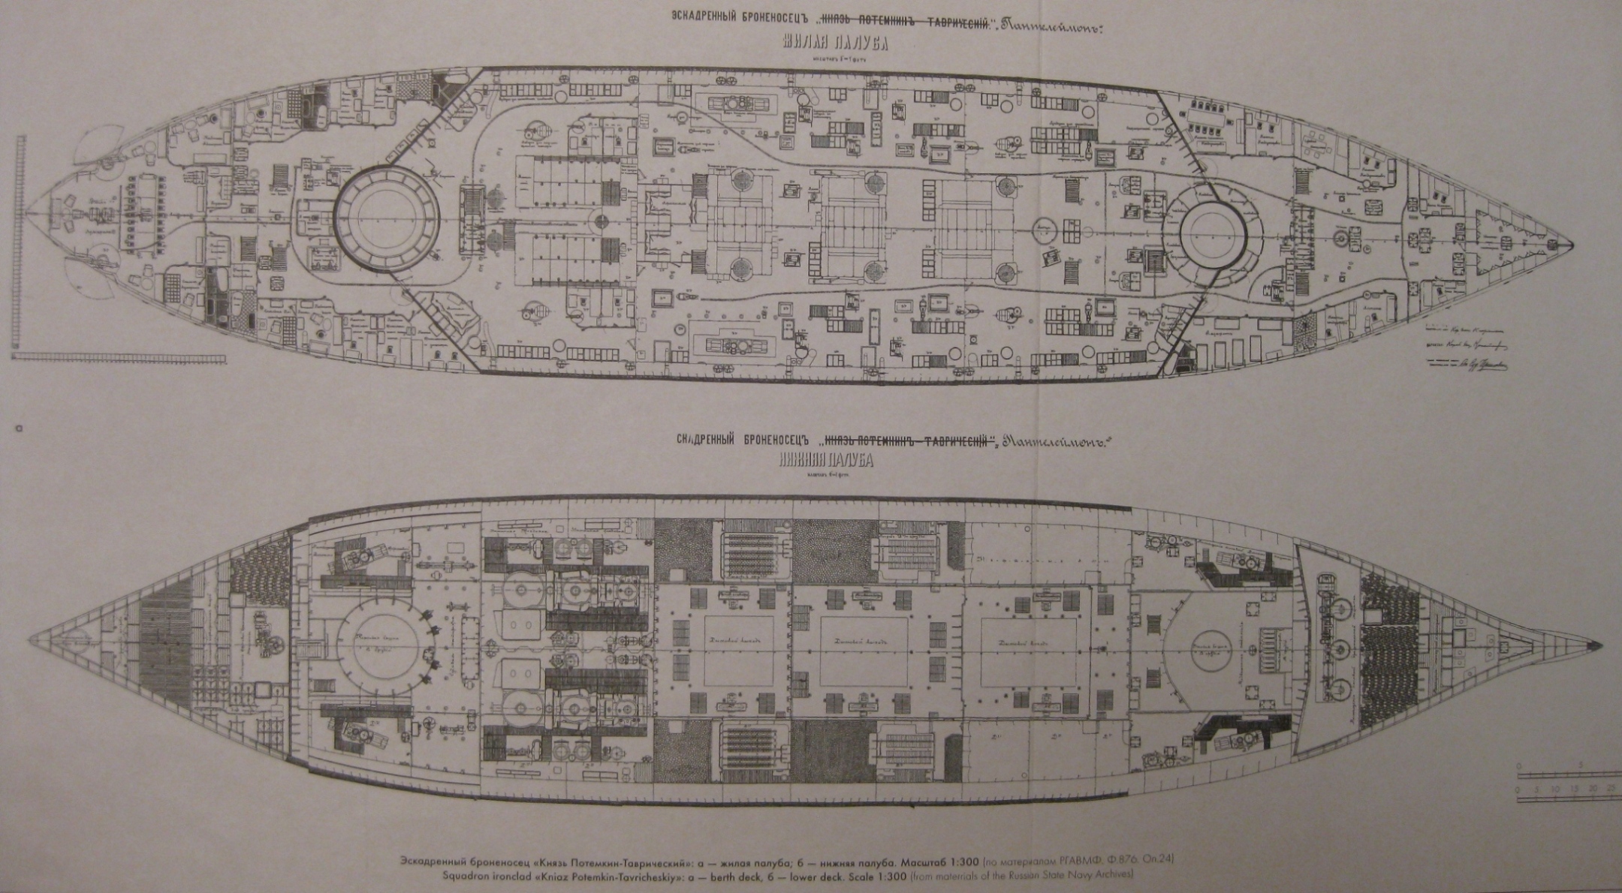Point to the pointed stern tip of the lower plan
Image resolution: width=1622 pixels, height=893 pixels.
point(30,642)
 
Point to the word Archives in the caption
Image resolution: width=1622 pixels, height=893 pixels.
point(1114,875)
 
